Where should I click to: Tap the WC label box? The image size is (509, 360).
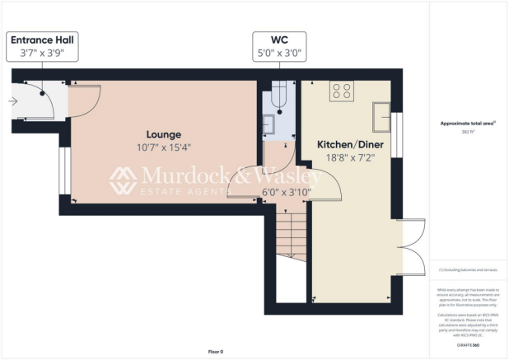click(279, 46)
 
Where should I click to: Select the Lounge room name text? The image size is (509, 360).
click(163, 134)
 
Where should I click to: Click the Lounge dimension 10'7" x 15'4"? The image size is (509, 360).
click(163, 148)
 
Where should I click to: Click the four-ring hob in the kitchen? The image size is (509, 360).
click(342, 91)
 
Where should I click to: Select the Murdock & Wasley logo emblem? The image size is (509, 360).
click(124, 180)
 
